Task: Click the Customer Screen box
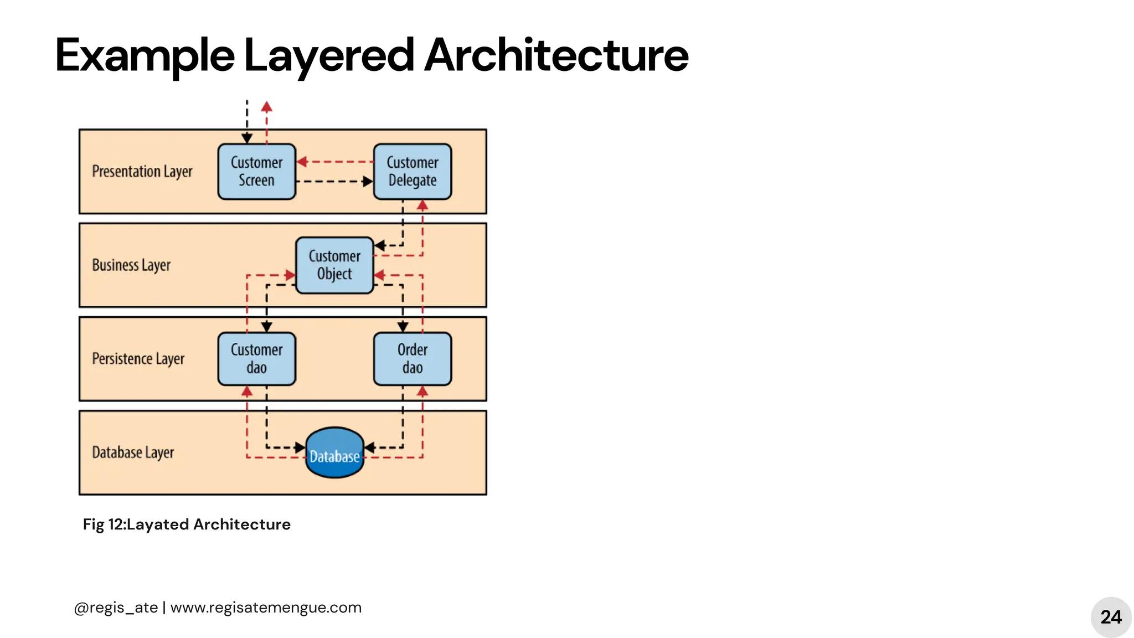[x=256, y=172]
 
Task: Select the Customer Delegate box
[x=413, y=172]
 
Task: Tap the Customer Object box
[x=334, y=265]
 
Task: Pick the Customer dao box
[x=256, y=359]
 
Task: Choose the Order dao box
[x=413, y=359]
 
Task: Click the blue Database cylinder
[x=334, y=453]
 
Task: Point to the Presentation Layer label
[x=142, y=172]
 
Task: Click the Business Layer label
[x=131, y=265]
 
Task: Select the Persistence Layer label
[x=138, y=359]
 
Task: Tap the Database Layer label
[x=133, y=452]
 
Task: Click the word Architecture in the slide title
[x=556, y=55]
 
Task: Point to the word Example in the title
[x=145, y=55]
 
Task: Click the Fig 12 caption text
[x=187, y=524]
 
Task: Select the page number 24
[x=1111, y=617]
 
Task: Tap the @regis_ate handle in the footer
[x=116, y=608]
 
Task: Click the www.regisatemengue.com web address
[x=266, y=608]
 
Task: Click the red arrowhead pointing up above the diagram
[x=266, y=106]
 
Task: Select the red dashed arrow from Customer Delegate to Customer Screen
[x=334, y=162]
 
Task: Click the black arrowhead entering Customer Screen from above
[x=247, y=138]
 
